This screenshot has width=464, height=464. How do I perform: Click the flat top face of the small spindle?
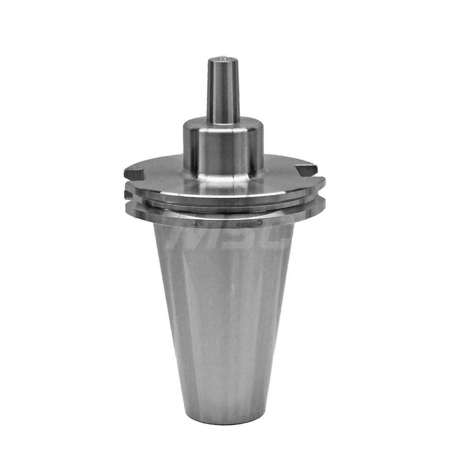pos(223,59)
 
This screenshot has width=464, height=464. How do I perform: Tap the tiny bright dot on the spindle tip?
pos(224,58)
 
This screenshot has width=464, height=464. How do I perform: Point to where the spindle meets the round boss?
pos(223,122)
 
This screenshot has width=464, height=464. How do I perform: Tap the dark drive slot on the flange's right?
pos(307,170)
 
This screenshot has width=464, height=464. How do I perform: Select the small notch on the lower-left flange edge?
pos(127,194)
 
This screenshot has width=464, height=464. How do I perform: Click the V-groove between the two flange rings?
pos(223,205)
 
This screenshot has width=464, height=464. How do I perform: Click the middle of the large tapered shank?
pos(223,316)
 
